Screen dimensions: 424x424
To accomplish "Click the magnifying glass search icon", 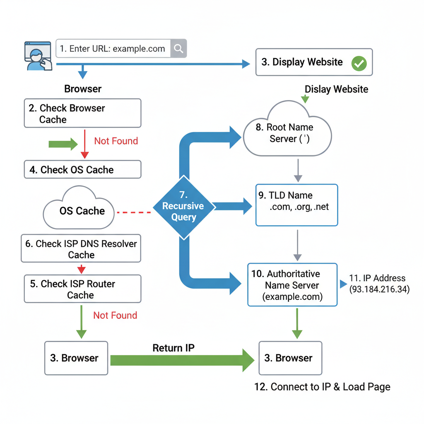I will pos(178,48).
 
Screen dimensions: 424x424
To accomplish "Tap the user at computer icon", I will pos(37,56).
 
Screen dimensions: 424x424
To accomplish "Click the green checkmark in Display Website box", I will pos(359,63).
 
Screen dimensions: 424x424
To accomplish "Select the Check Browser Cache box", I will pos(82,113).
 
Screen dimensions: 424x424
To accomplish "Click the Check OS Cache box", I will pos(82,170).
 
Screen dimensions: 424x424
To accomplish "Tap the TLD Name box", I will pos(296,205).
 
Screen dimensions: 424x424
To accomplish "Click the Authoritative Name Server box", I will pos(292,285).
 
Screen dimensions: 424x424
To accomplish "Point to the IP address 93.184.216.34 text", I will pos(379,284).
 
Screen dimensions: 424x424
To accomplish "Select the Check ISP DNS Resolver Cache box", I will pos(81,249).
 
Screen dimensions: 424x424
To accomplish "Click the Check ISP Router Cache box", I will pos(82,289).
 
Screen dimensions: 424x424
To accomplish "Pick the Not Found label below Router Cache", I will pos(115,316).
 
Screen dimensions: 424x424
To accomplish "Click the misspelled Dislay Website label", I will pos(336,89).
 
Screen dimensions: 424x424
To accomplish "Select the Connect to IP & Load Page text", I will pos(322,387).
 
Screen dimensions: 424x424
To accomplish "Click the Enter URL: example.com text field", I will pos(113,48).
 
